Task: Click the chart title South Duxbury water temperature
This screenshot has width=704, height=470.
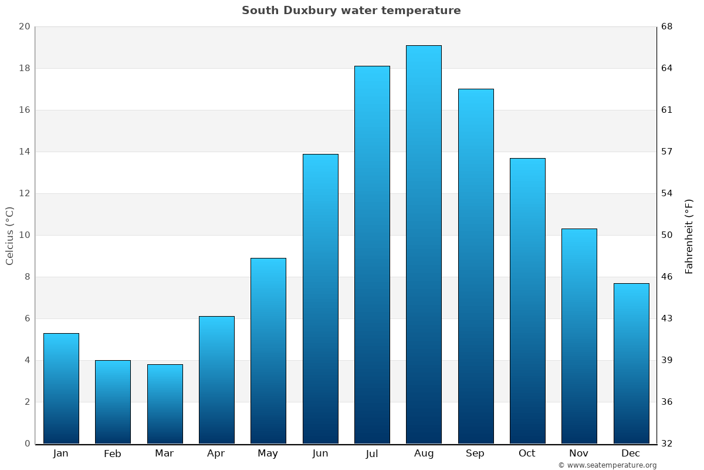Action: [351, 11]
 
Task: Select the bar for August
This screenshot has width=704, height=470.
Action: [424, 244]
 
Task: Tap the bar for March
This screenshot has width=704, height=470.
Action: [165, 404]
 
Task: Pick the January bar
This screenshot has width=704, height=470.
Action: [61, 388]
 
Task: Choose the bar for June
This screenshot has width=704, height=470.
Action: [320, 299]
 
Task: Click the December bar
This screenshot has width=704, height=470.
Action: [631, 364]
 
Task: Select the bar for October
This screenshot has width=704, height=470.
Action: [527, 301]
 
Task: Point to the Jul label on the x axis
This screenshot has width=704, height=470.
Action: [372, 454]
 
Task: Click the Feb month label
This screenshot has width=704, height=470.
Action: [113, 454]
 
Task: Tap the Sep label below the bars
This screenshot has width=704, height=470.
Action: [475, 454]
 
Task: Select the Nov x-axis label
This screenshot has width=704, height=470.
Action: [579, 454]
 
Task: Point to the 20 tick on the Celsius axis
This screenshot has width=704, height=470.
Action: [24, 27]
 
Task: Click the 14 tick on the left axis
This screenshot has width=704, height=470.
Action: [24, 152]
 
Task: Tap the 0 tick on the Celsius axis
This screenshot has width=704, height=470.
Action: [27, 444]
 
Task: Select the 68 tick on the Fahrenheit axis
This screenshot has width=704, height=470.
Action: [667, 27]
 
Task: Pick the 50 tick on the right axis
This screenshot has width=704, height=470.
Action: [667, 236]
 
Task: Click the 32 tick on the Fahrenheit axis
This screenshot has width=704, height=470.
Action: [667, 444]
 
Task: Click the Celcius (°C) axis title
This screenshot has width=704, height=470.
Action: [9, 236]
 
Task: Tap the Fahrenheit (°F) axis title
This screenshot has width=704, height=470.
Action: [689, 236]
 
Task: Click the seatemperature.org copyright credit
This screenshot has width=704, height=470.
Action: [607, 465]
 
